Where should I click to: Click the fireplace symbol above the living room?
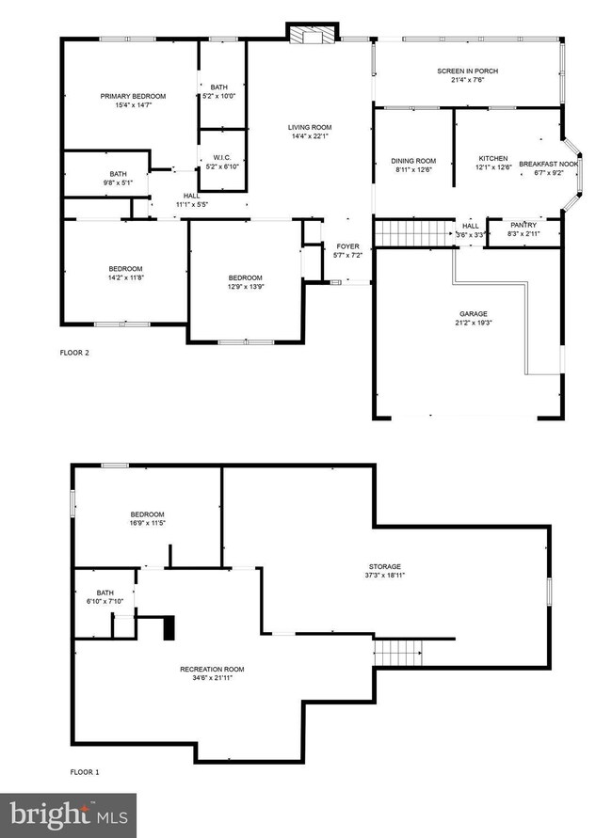click(313, 33)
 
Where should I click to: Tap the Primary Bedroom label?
click(133, 96)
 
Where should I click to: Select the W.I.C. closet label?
click(222, 158)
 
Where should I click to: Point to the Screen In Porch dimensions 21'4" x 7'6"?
click(468, 80)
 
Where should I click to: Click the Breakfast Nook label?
click(548, 164)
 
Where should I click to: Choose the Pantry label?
click(523, 225)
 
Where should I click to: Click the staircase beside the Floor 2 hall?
click(413, 233)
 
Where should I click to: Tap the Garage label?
click(474, 314)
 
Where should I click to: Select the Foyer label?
click(347, 246)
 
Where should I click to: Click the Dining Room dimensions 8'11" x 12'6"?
click(413, 170)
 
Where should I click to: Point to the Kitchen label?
click(493, 159)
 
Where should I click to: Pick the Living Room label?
click(310, 127)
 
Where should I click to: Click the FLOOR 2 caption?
click(74, 353)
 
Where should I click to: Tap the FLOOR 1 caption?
click(85, 772)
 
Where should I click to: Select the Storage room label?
click(385, 566)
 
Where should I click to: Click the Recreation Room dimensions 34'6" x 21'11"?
click(213, 678)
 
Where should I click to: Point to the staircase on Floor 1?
click(397, 653)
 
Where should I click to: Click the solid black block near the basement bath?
click(169, 627)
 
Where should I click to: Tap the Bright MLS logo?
click(68, 815)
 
